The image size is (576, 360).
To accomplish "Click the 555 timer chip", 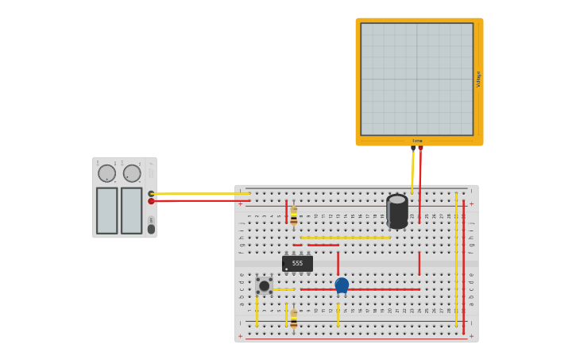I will click(x=297, y=263).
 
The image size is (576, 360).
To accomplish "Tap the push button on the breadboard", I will click(x=264, y=285).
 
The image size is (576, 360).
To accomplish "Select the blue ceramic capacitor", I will click(x=342, y=285).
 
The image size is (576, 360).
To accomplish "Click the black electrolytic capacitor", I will click(x=397, y=211).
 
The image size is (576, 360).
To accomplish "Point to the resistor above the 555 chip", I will click(x=293, y=215).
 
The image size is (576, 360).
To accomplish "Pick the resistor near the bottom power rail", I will click(x=293, y=319).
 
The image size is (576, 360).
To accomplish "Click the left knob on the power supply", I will click(x=106, y=173).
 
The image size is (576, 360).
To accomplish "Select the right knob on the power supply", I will click(x=132, y=173).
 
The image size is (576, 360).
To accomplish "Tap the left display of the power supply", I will click(x=107, y=211).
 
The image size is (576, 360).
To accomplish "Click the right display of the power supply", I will click(x=131, y=211).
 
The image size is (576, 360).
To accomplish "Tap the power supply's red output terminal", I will click(x=151, y=201).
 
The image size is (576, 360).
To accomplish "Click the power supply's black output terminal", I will click(x=151, y=194).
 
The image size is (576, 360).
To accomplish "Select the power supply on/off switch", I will click(x=151, y=229).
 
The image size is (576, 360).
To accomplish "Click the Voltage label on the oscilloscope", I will click(x=478, y=79).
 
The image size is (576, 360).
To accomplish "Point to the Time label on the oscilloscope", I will click(x=417, y=141).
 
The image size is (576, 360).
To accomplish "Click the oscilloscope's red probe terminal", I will click(x=420, y=148).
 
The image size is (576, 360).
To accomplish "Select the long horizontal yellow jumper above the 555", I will click(x=346, y=237).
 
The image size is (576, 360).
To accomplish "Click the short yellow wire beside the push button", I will click(x=284, y=289).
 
